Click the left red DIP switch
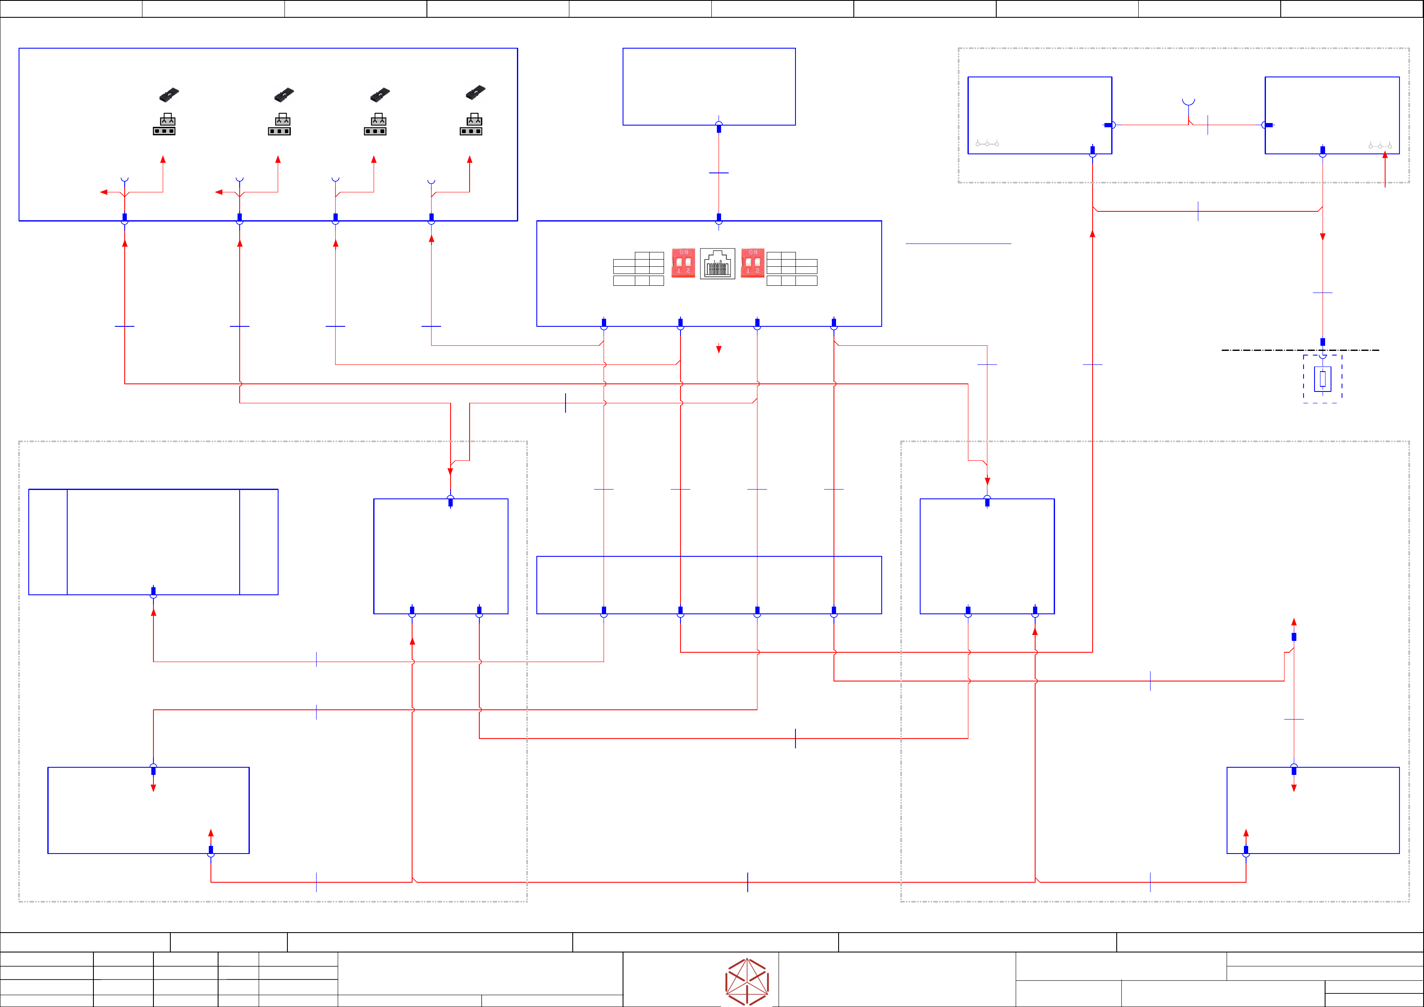pos(683,263)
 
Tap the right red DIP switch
pos(752,263)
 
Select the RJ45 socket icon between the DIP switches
pos(718,264)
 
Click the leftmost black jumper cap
pos(169,94)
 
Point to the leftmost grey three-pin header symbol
pos(164,124)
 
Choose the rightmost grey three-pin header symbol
pos(471,124)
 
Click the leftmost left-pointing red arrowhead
pos(104,192)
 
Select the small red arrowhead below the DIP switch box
pos(719,349)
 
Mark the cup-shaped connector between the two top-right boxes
pos(1188,102)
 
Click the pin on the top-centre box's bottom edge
pos(719,127)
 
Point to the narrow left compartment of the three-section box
pos(48,542)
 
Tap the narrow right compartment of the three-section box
pos(259,542)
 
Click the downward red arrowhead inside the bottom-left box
pos(153,788)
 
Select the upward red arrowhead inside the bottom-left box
pos(211,833)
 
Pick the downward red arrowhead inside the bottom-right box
pos(1294,788)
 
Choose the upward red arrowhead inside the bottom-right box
pos(1246,833)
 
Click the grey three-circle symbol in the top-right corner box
pos(1380,146)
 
